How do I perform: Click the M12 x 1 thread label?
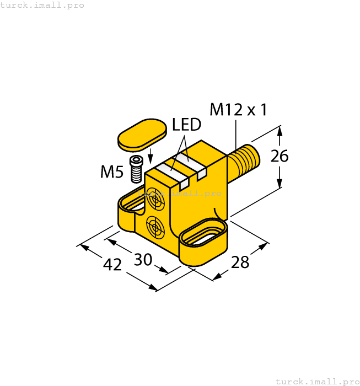coord(238,110)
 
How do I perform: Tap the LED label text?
coord(187,125)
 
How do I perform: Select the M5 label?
coord(111,173)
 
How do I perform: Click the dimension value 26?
coord(280,157)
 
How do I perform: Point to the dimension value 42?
coord(112,265)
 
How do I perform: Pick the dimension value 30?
coord(143,259)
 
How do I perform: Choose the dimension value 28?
coord(240,262)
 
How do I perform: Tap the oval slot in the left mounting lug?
coord(134,201)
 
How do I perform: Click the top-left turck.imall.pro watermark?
coord(42,5)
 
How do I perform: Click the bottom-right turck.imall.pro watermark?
coord(316,381)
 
